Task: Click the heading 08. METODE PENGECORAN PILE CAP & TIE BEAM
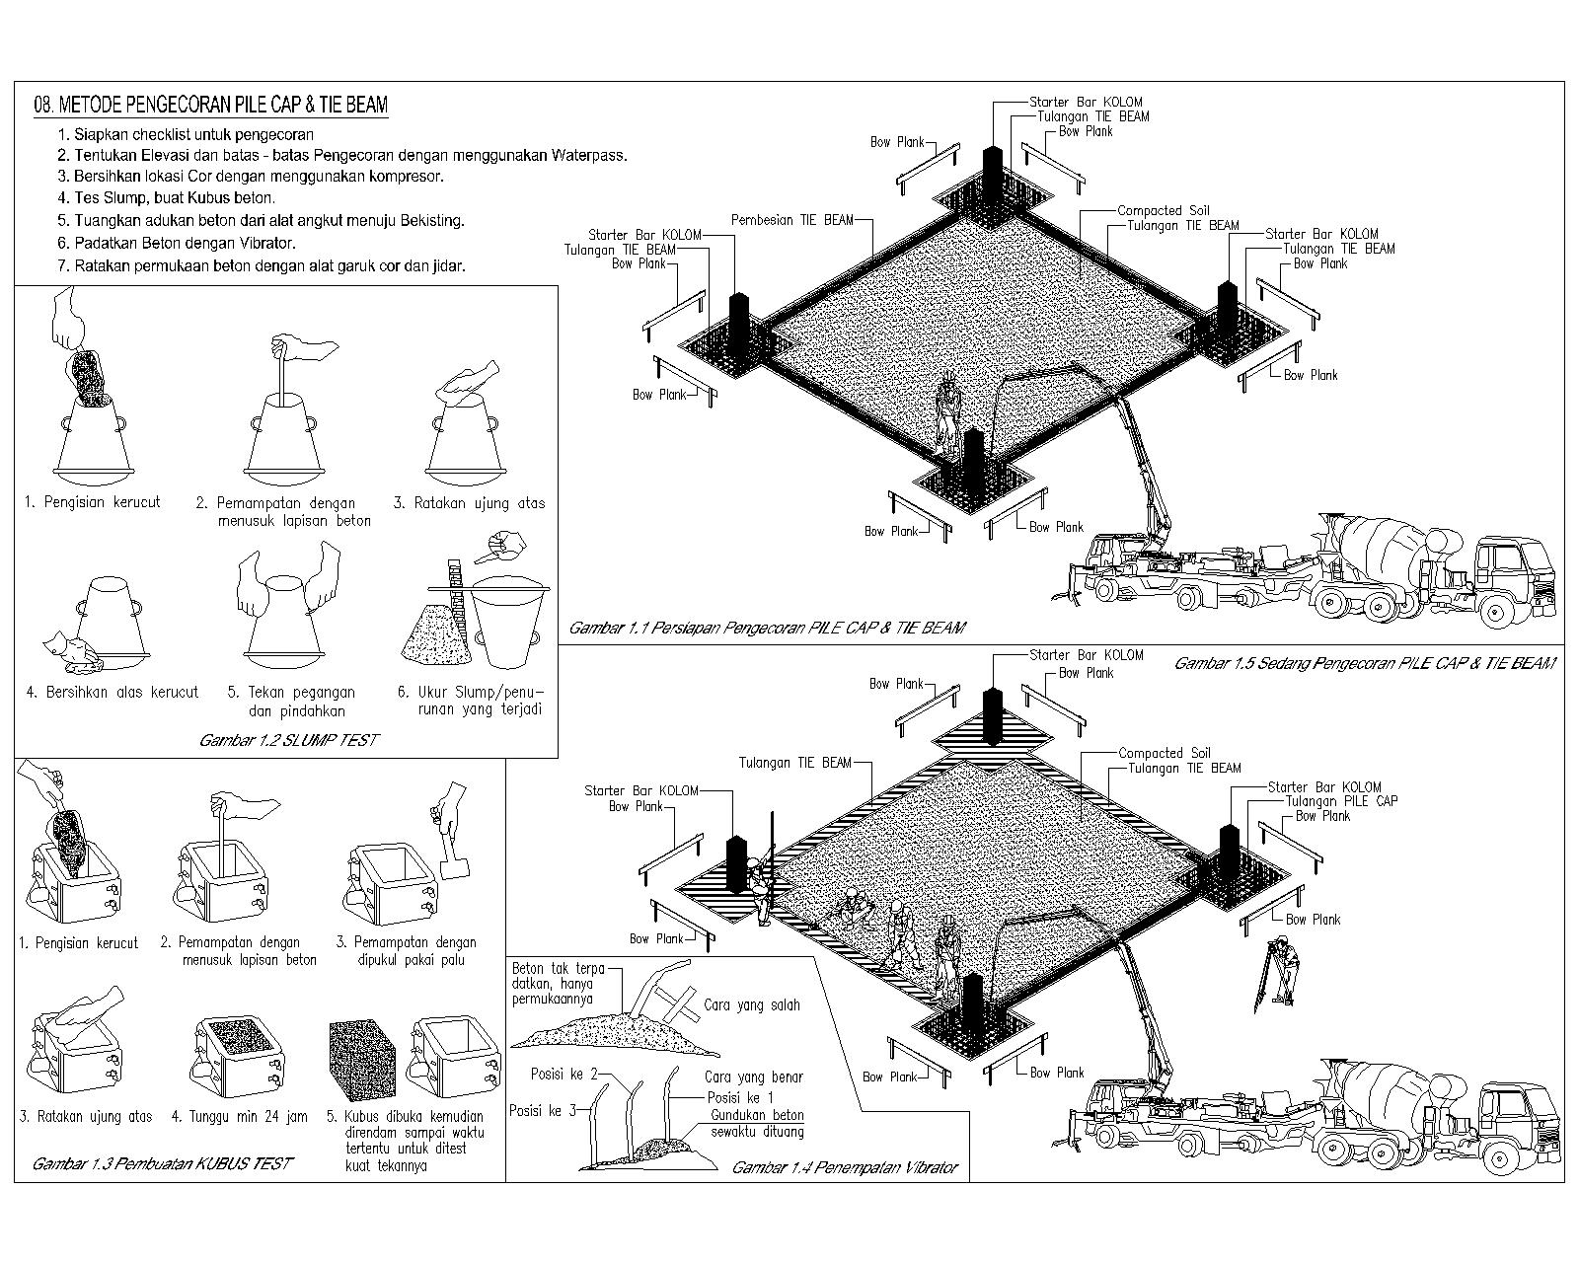[210, 105]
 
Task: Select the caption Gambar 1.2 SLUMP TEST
[288, 740]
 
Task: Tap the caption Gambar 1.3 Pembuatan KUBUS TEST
[162, 1163]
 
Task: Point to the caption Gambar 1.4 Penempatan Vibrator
[844, 1167]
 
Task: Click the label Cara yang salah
[751, 1005]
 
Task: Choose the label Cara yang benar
[753, 1077]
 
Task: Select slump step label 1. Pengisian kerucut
[93, 502]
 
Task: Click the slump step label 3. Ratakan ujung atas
[469, 503]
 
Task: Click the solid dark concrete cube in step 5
[360, 1058]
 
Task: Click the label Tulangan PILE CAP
[1341, 801]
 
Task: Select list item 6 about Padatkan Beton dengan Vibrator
[177, 243]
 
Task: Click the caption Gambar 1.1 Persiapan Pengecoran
[767, 628]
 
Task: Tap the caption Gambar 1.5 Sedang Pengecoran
[1364, 664]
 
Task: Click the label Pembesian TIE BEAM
[791, 220]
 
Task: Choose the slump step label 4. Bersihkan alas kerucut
[112, 692]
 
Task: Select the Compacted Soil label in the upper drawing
[1163, 210]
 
